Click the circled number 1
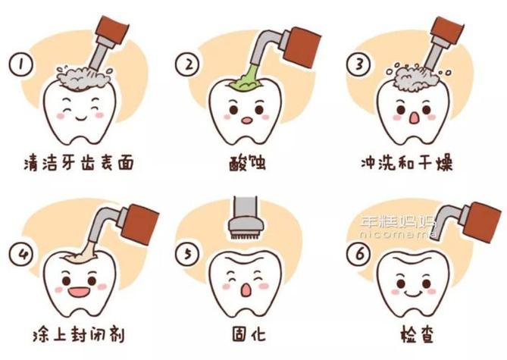(21, 64)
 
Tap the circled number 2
(188, 64)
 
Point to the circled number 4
(21, 254)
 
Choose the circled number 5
(187, 254)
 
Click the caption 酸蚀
(247, 163)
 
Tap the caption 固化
(249, 334)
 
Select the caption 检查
(417, 334)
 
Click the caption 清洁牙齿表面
(79, 163)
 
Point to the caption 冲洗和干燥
(407, 163)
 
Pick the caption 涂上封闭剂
(79, 335)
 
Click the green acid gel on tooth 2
(246, 81)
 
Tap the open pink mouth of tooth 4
(79, 292)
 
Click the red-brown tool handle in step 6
(480, 223)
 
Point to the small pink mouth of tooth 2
(247, 121)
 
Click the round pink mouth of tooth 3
(414, 117)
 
